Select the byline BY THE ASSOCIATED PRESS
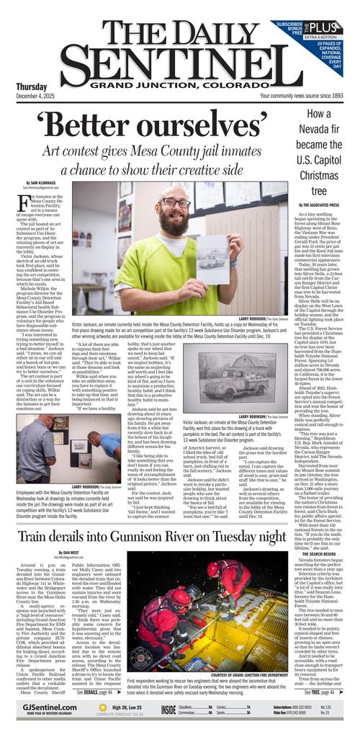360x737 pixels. pyautogui.click(x=318, y=205)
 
